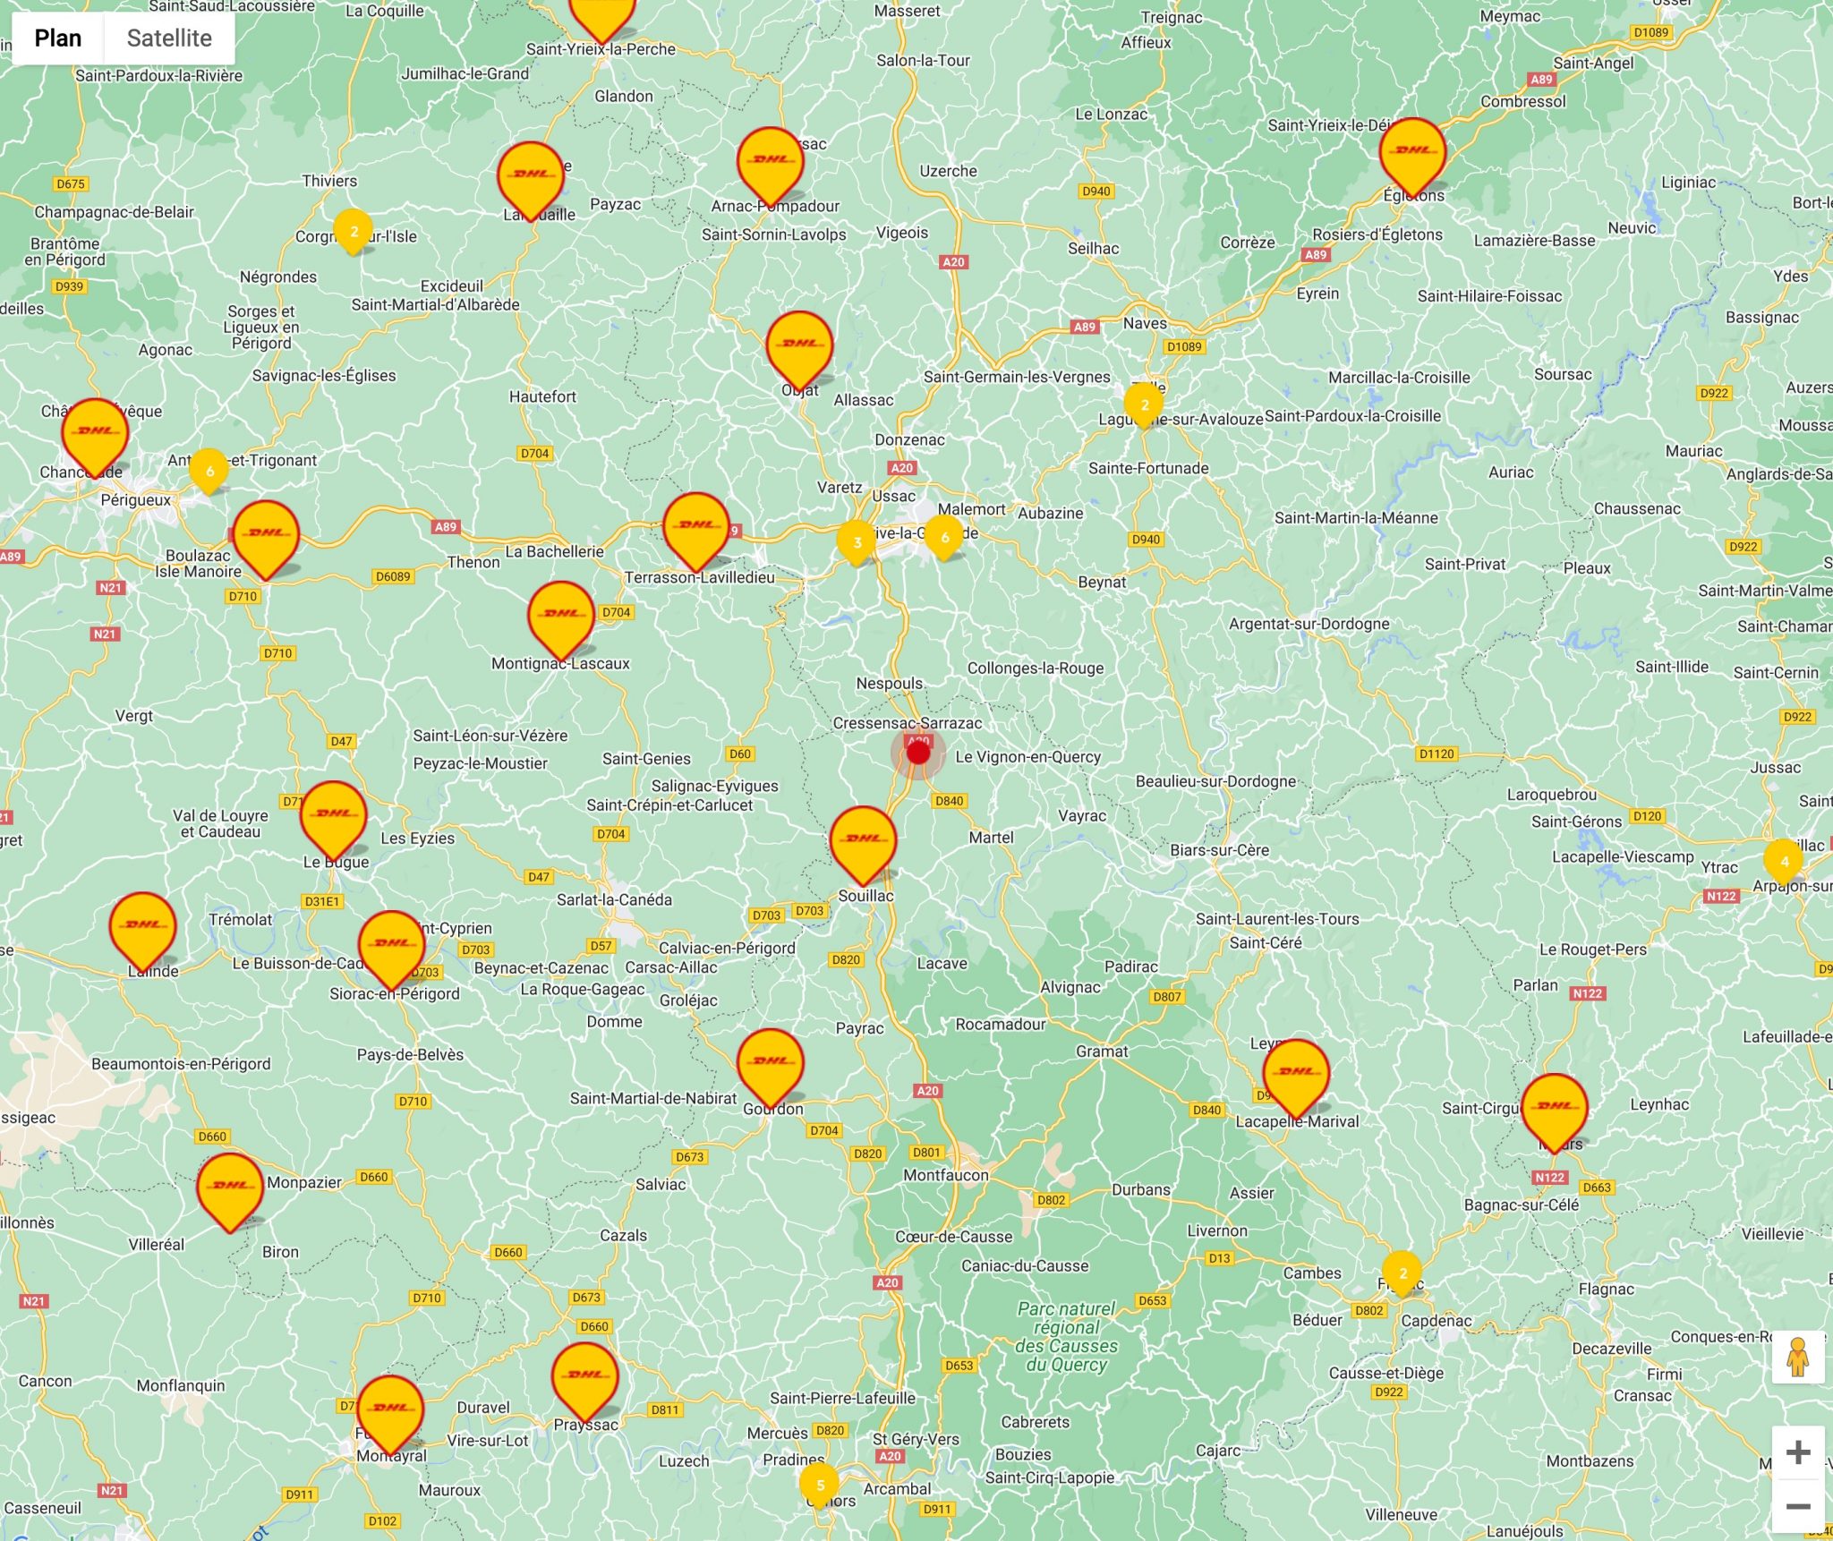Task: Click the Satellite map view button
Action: click(169, 38)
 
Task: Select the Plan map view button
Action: click(58, 38)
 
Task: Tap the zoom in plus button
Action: click(1798, 1452)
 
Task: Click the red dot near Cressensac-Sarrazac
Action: click(918, 753)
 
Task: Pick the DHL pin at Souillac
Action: click(863, 840)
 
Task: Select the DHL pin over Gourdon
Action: click(771, 1062)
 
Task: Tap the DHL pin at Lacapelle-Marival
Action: click(1296, 1073)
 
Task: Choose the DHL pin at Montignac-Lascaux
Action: click(561, 615)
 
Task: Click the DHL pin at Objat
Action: click(800, 345)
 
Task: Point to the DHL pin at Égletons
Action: click(1412, 152)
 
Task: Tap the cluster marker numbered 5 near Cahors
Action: click(819, 1485)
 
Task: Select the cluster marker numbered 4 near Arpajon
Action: click(1784, 861)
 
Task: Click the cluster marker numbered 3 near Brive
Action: click(857, 542)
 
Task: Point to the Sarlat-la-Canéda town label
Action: click(614, 899)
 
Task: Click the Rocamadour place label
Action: click(1000, 1024)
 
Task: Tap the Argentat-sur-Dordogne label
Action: click(1309, 624)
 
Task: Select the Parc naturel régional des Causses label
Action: click(1067, 1336)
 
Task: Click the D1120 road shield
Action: click(1437, 753)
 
